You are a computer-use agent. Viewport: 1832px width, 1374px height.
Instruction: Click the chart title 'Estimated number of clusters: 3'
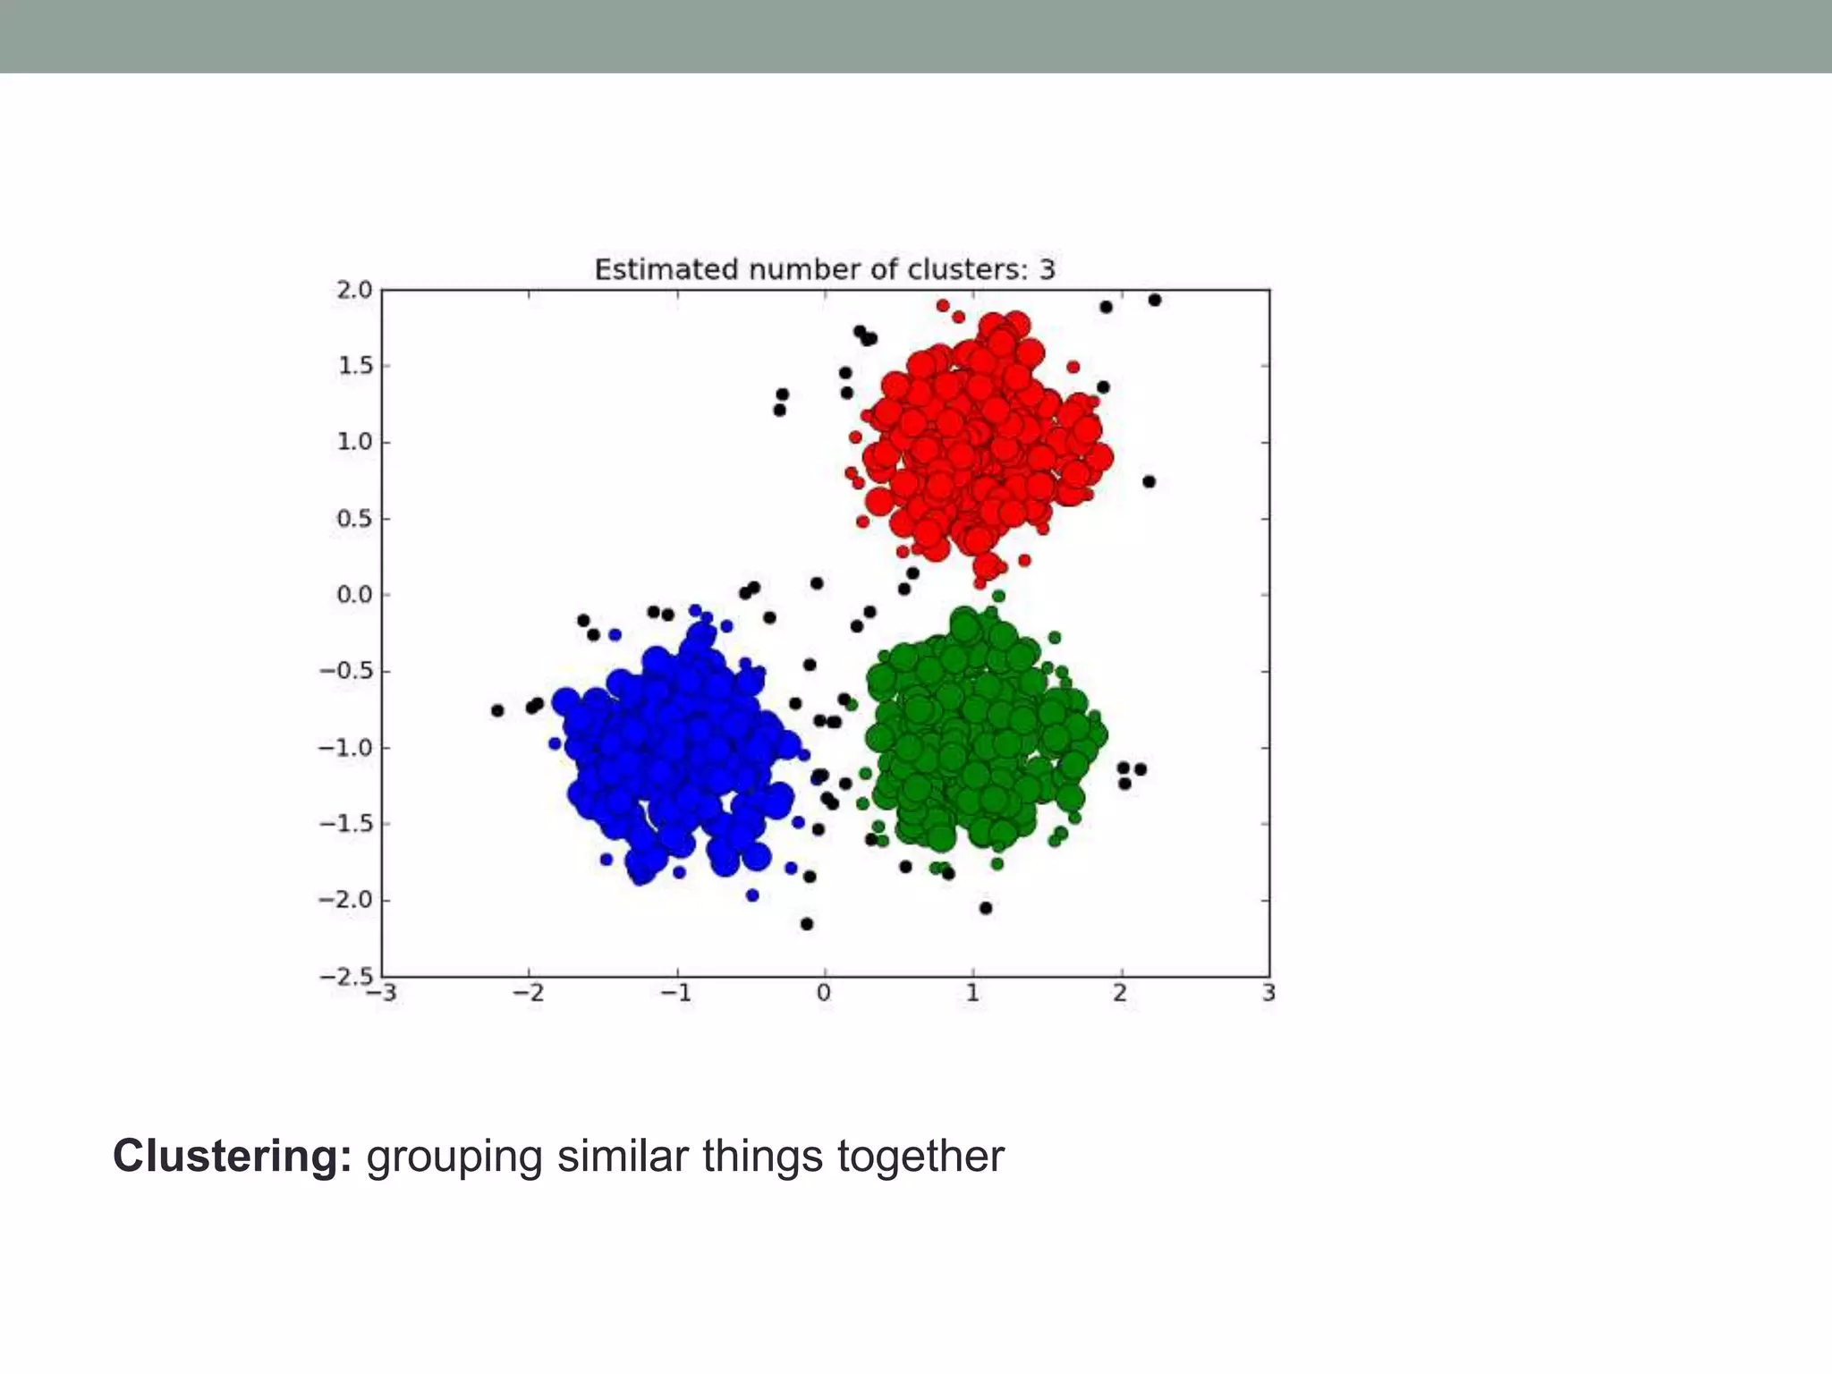[825, 269]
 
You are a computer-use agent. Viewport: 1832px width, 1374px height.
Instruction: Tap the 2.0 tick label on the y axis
[353, 290]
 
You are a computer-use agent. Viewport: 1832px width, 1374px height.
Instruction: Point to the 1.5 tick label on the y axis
[353, 366]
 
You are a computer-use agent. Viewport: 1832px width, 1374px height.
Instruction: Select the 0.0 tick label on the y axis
[353, 595]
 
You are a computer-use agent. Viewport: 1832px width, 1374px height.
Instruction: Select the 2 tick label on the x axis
[1120, 994]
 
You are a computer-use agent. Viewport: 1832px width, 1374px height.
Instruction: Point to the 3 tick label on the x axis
[1268, 994]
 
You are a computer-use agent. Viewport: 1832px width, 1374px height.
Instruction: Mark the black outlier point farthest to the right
[1154, 300]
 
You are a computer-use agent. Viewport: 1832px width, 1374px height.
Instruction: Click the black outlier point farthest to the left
[497, 710]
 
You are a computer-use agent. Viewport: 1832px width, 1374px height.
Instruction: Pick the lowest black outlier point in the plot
[807, 923]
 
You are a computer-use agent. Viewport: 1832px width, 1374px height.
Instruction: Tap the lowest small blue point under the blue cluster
[752, 895]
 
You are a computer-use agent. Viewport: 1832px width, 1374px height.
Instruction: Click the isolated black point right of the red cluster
[1149, 481]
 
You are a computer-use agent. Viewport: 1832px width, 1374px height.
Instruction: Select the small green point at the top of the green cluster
[999, 596]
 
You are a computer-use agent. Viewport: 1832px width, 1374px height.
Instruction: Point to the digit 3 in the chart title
[1047, 269]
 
